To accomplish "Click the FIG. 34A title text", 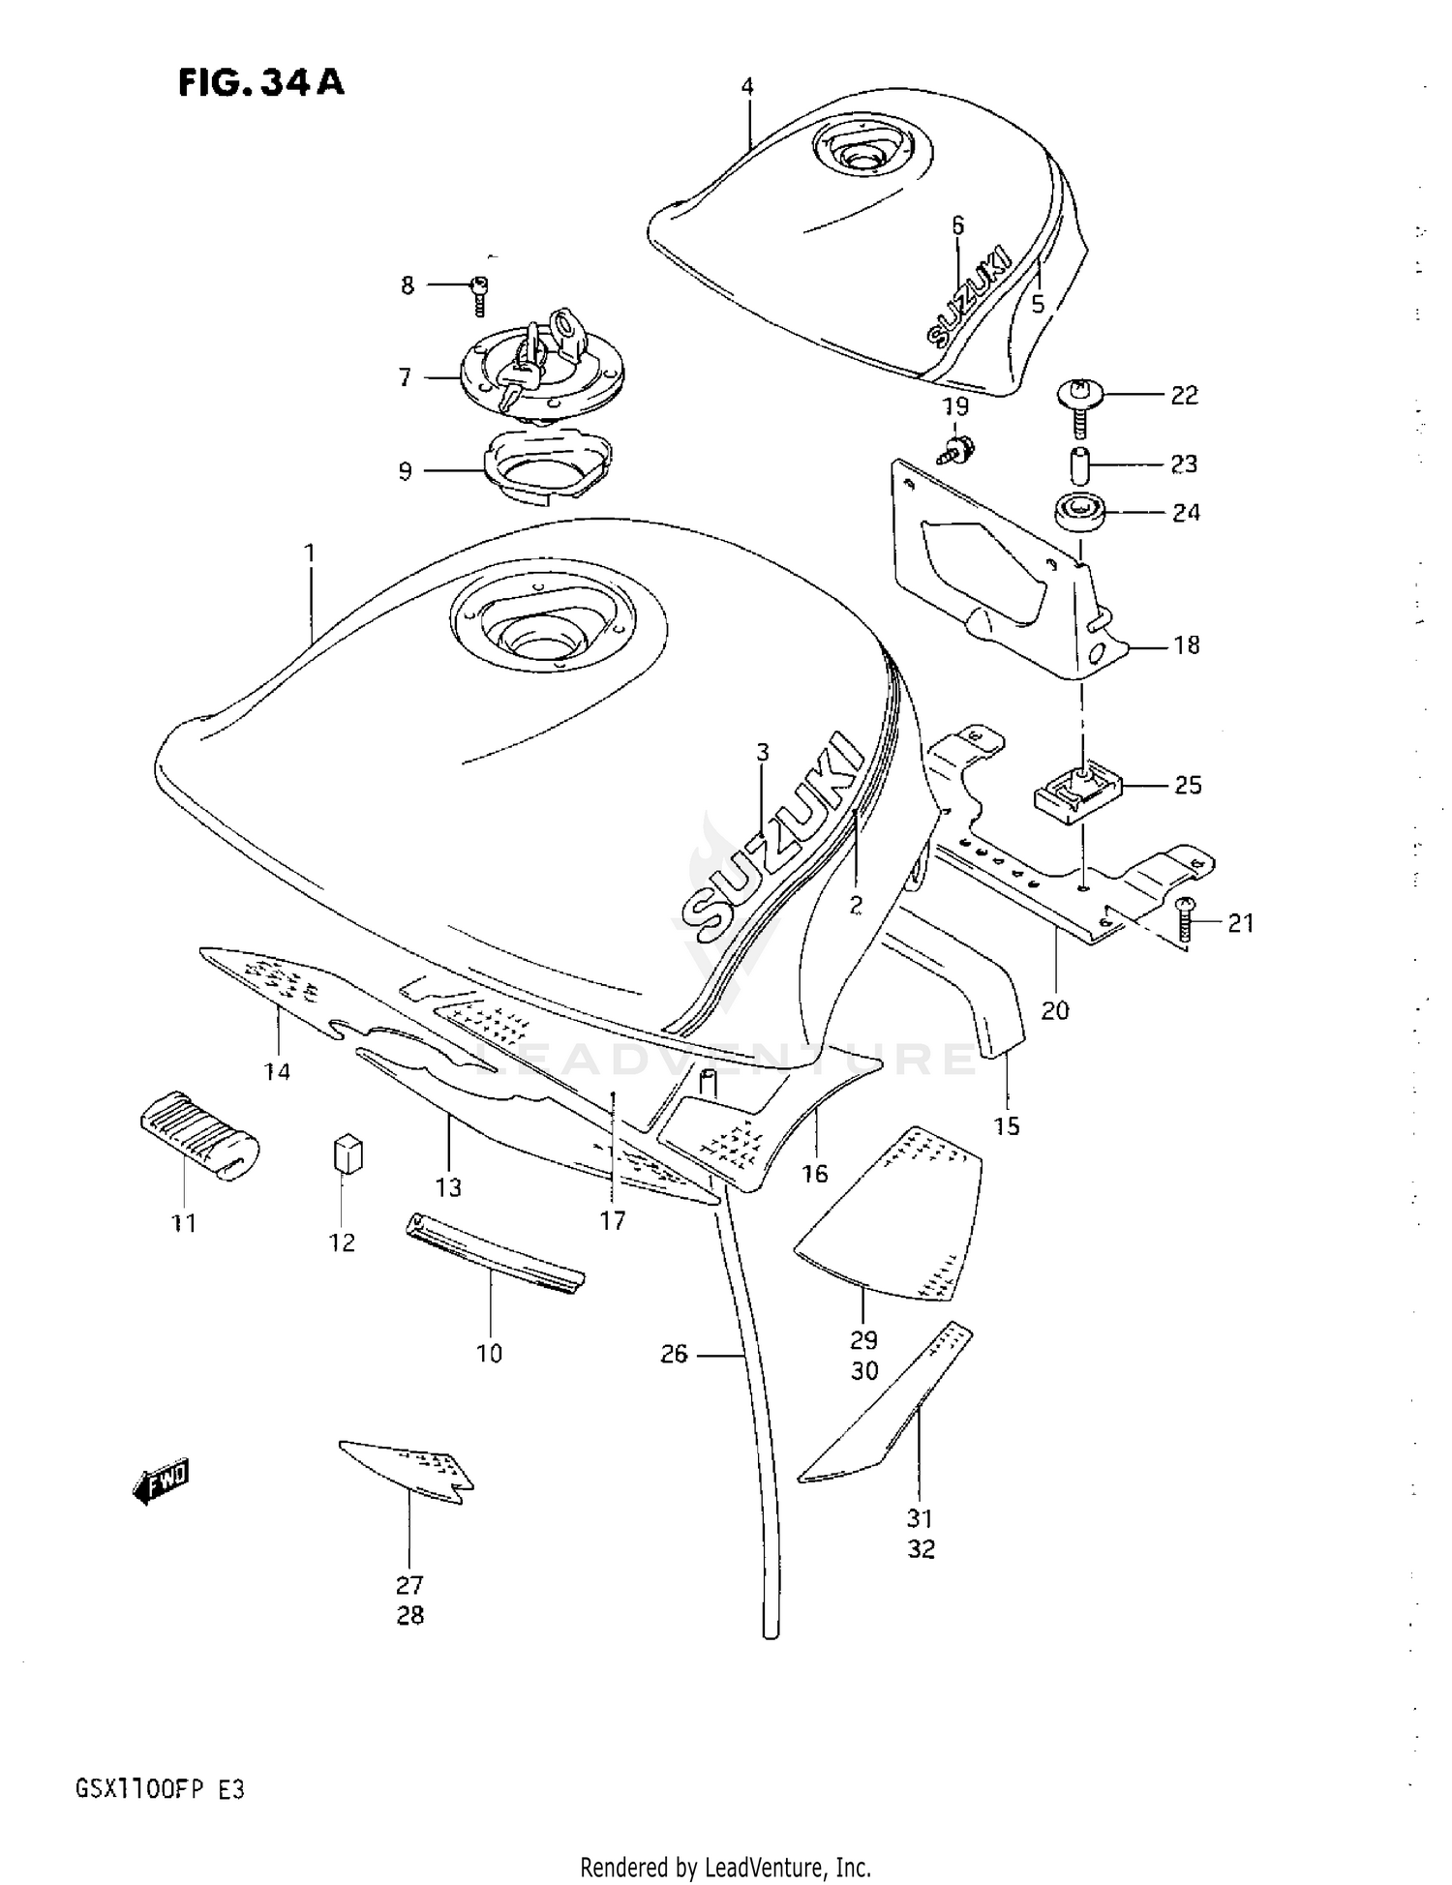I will coord(260,83).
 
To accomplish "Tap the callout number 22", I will coord(1184,395).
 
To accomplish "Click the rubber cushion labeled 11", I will coord(198,1136).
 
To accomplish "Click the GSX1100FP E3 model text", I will coord(160,1789).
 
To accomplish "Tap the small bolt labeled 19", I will coord(958,446).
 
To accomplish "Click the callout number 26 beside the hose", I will coord(674,1354).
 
